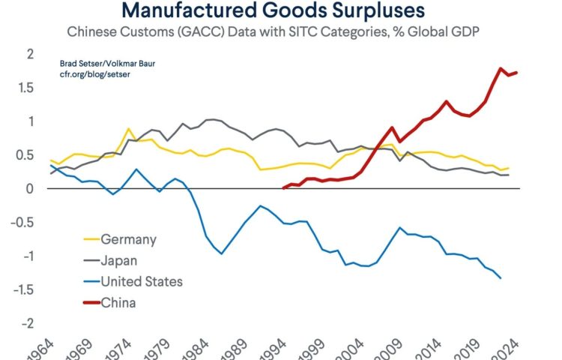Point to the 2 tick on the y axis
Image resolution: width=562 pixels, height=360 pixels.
click(x=30, y=54)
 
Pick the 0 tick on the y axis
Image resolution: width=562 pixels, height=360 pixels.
click(x=30, y=189)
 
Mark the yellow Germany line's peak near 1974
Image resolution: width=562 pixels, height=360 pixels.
click(x=130, y=129)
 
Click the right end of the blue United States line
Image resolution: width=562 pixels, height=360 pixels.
click(x=501, y=278)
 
